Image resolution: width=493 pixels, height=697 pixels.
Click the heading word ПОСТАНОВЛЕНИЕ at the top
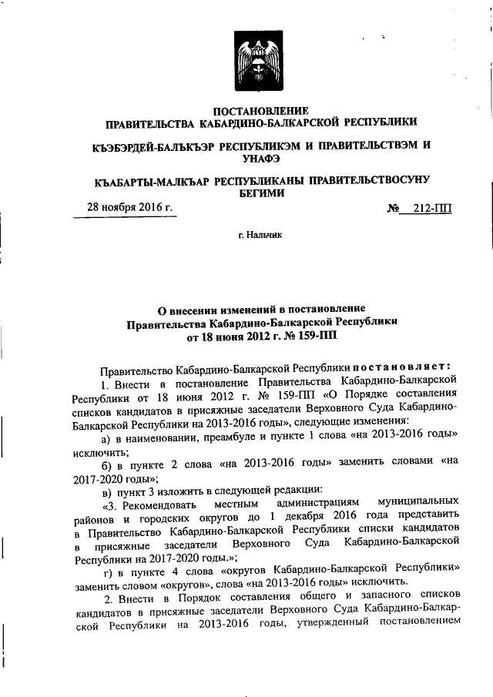point(261,110)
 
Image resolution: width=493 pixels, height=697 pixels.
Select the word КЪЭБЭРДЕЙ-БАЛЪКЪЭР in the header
point(147,145)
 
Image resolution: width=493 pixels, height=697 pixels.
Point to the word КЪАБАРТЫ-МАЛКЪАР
point(146,181)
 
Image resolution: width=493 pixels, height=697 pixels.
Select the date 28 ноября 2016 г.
point(128,207)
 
